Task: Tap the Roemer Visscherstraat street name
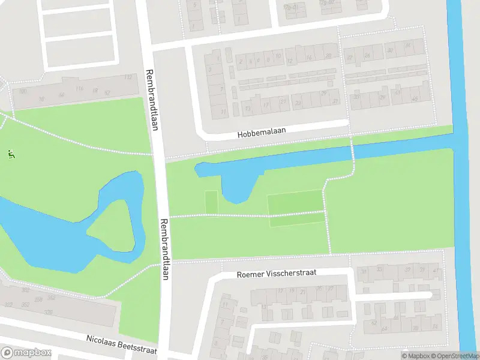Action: click(x=277, y=273)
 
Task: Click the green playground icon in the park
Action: click(x=11, y=154)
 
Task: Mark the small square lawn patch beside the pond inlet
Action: click(x=211, y=202)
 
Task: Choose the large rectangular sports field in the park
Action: click(x=295, y=208)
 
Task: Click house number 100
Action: click(x=23, y=91)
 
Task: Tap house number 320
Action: click(x=47, y=313)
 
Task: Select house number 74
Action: click(x=434, y=326)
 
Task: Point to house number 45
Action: click(x=414, y=100)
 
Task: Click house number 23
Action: click(x=298, y=103)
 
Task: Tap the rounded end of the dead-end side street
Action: click(x=428, y=295)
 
